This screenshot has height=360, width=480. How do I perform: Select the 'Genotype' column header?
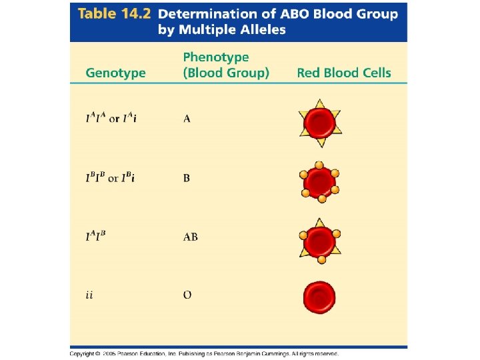(115, 73)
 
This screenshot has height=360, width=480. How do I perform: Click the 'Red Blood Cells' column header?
(344, 73)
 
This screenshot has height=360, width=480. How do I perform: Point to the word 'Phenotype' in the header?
(216, 58)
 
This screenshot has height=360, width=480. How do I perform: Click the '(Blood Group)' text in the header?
(226, 73)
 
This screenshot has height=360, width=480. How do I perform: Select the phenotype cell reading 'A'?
(187, 119)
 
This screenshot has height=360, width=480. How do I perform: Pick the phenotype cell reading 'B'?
(187, 178)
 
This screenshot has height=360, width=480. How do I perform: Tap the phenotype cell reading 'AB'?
(190, 237)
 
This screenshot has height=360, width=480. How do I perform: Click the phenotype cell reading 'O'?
(187, 295)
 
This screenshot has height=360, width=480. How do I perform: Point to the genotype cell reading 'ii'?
(89, 295)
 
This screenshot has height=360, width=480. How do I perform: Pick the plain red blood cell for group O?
(319, 296)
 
